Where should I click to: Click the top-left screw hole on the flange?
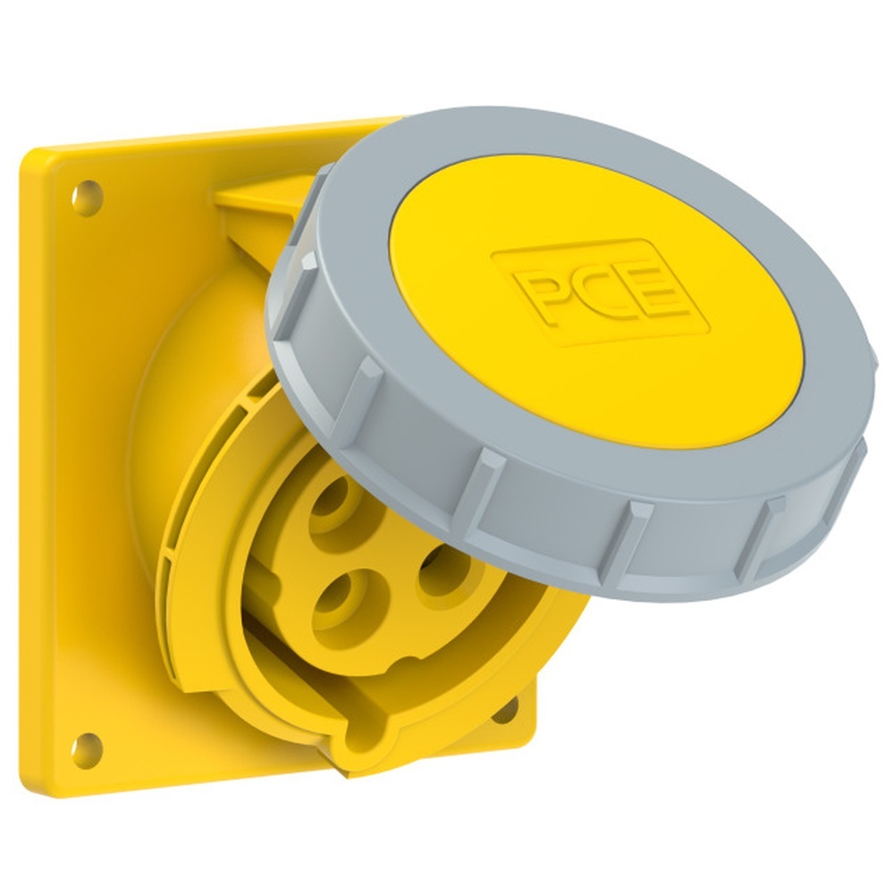tap(87, 198)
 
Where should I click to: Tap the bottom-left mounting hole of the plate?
tap(87, 749)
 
